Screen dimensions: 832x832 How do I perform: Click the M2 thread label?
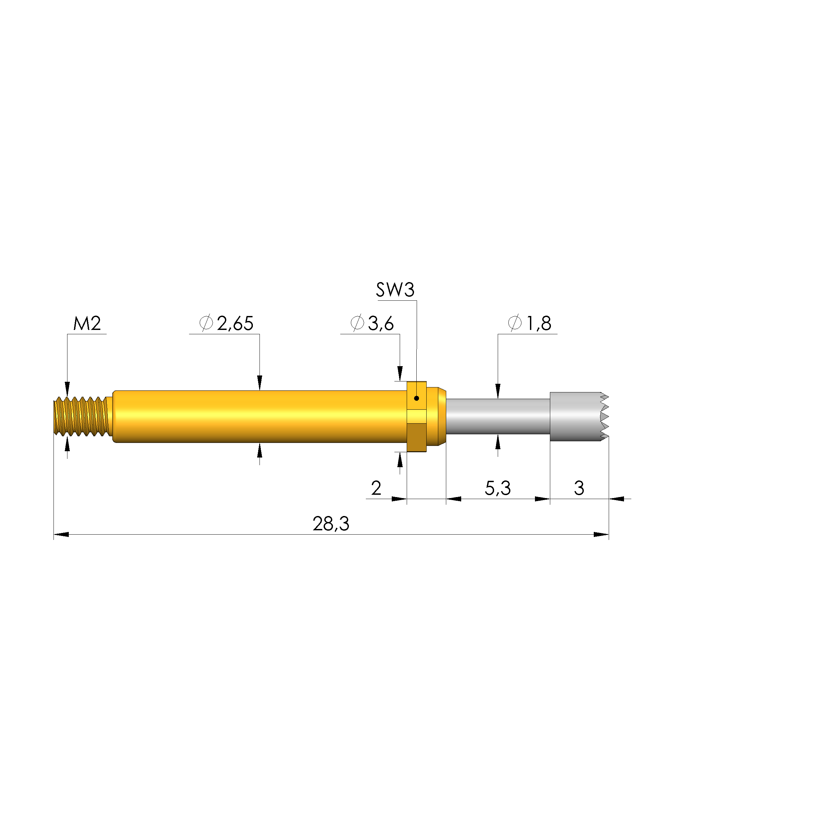coord(87,323)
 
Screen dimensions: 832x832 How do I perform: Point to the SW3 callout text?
coord(395,290)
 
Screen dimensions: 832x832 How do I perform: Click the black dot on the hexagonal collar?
coord(416,398)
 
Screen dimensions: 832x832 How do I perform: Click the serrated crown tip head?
coord(577,416)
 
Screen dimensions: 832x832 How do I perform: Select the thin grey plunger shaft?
coord(497,416)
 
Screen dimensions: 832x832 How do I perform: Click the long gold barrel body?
coord(259,416)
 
